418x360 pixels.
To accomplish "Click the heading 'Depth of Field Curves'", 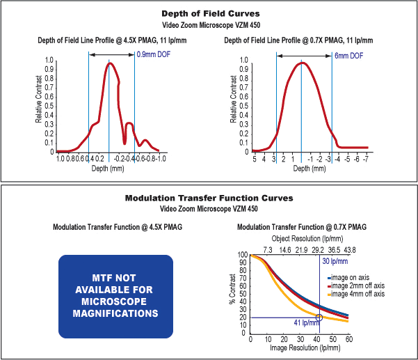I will [209, 13].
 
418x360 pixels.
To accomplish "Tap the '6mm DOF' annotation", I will [348, 54].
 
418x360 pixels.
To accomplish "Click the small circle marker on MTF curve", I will [319, 318].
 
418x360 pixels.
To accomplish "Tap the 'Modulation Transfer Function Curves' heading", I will [209, 198].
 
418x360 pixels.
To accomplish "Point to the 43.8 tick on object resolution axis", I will [349, 249].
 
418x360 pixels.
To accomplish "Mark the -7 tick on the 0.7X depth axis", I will [367, 159].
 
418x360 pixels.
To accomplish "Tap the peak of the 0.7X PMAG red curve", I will [301, 63].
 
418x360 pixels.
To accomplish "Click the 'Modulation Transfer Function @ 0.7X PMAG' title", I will [302, 227].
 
